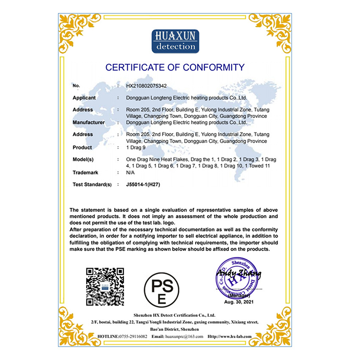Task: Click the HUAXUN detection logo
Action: pyautogui.click(x=175, y=41)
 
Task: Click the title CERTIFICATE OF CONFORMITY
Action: pyautogui.click(x=175, y=67)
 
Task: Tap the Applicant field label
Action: pyautogui.click(x=84, y=98)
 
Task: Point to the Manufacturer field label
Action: pyautogui.click(x=89, y=122)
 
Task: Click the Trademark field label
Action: pyautogui.click(x=85, y=172)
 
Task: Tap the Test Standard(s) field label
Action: pyautogui.click(x=92, y=184)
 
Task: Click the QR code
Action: pyautogui.click(x=105, y=287)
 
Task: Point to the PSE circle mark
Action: pyautogui.click(x=161, y=288)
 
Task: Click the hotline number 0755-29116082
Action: pyautogui.click(x=133, y=336)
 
